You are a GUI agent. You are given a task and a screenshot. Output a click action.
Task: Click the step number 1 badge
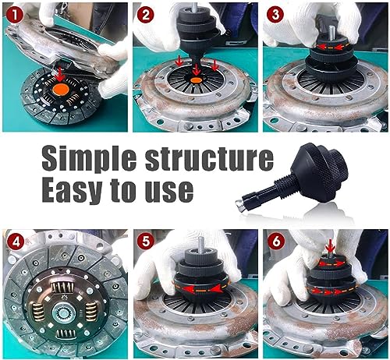pyautogui.click(x=15, y=15)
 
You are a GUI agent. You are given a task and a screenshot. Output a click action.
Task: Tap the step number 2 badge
pyautogui.click(x=145, y=15)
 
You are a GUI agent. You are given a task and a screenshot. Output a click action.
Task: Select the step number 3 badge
pyautogui.click(x=275, y=15)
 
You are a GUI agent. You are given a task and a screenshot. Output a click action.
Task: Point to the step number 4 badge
pyautogui.click(x=16, y=242)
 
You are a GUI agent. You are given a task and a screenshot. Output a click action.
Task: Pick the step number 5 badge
pyautogui.click(x=146, y=242)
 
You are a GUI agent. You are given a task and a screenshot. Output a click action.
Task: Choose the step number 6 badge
pyautogui.click(x=276, y=242)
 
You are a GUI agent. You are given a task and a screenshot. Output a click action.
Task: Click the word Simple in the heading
pyautogui.click(x=89, y=159)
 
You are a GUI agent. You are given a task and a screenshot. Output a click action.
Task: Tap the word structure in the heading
pyautogui.click(x=210, y=157)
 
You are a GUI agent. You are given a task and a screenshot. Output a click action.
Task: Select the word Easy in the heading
pyautogui.click(x=72, y=190)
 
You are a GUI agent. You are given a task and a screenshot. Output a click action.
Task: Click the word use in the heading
pyautogui.click(x=169, y=192)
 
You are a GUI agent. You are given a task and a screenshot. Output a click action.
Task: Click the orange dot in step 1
pyautogui.click(x=61, y=90)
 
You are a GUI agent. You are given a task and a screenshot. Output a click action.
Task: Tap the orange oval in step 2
pyautogui.click(x=197, y=80)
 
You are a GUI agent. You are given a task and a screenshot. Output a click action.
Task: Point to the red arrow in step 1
pyautogui.click(x=60, y=75)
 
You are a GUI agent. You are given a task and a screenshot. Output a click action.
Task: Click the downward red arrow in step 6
pyautogui.click(x=330, y=246)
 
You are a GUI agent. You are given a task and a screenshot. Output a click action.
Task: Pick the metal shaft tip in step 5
pyautogui.click(x=201, y=243)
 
